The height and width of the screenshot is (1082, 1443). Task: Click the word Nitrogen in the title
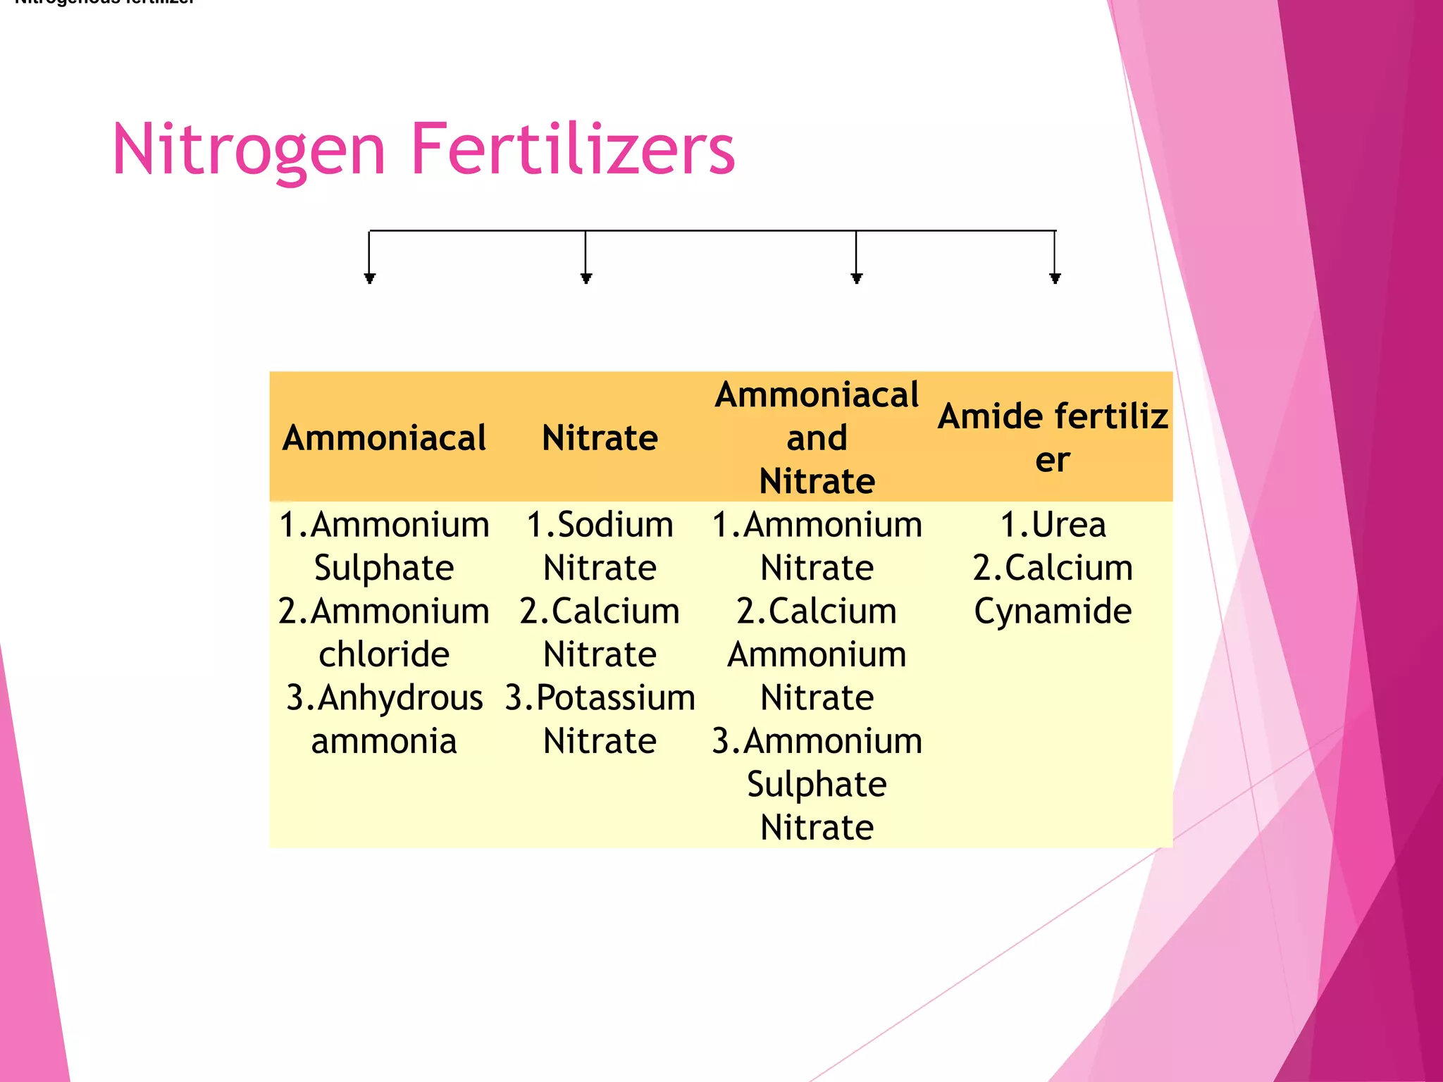[x=249, y=150]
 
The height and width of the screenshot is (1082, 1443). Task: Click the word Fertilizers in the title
[x=572, y=149]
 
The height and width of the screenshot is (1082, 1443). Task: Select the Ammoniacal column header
[x=384, y=438]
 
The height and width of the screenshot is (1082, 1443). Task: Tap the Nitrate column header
[x=600, y=438]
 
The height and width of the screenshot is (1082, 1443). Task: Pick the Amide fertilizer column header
[x=1053, y=437]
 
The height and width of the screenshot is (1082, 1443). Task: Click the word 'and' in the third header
[x=817, y=438]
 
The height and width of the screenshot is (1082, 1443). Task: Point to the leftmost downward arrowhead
[x=370, y=278]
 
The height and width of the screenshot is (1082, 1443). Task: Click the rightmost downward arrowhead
[x=1055, y=278]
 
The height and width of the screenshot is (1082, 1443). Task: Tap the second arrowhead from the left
[x=586, y=278]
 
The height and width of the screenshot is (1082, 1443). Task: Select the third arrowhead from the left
[x=857, y=278]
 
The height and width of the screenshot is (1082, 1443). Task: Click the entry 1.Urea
[x=1053, y=525]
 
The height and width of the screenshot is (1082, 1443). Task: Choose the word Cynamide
[x=1053, y=611]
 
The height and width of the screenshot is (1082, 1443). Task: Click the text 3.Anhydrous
[x=384, y=698]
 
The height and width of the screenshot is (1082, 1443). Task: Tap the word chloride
[x=384, y=654]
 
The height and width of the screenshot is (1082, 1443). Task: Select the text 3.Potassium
[x=600, y=698]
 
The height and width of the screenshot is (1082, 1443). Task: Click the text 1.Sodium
[x=600, y=525]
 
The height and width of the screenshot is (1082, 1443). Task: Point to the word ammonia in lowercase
[x=384, y=741]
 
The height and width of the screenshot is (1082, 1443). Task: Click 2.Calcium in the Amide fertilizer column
[x=1053, y=568]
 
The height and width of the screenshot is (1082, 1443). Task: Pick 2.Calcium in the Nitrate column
[x=600, y=611]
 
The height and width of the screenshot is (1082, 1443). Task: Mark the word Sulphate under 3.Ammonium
[x=817, y=784]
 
